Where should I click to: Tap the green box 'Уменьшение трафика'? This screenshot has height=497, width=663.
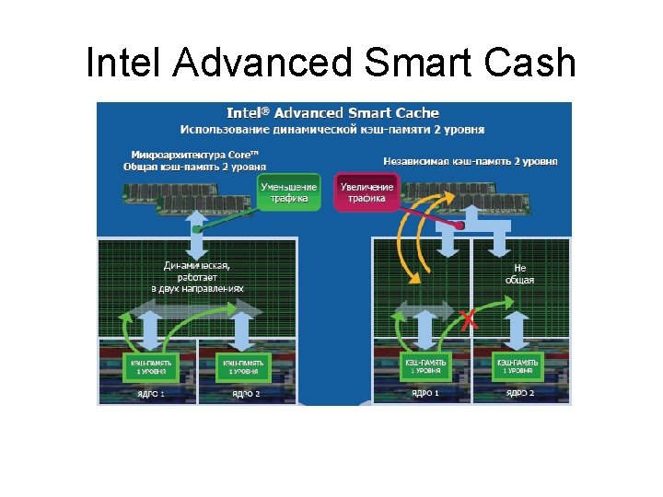tap(289, 192)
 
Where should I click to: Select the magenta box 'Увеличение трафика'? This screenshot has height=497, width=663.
tap(366, 192)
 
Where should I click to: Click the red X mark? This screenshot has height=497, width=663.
tap(469, 320)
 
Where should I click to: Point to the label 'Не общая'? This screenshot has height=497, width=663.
tap(519, 273)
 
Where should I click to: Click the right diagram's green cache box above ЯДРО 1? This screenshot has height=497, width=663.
tap(425, 367)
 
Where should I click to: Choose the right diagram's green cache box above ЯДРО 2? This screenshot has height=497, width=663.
tap(518, 367)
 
